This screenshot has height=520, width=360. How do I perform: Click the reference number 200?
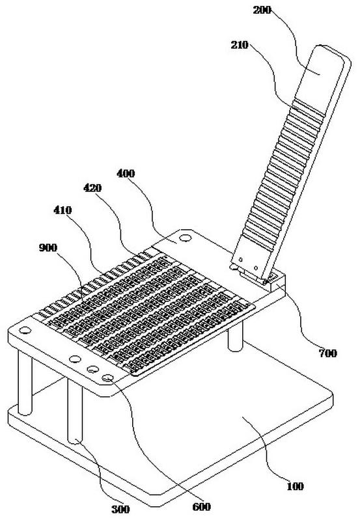[x=262, y=10]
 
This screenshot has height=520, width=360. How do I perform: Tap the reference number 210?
[x=240, y=44]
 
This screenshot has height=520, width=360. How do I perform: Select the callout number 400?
[x=126, y=173]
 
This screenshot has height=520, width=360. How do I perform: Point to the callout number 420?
[x=92, y=188]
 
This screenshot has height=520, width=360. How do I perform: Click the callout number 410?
[x=62, y=210]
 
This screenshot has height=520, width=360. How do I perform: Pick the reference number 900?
[x=48, y=247]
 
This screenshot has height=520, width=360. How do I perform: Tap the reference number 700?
[x=328, y=353]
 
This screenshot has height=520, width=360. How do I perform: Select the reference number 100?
[x=295, y=486]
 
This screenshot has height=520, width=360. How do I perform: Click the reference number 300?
[x=120, y=509]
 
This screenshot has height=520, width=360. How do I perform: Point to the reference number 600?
[x=201, y=506]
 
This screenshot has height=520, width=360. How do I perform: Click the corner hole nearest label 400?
[x=185, y=238]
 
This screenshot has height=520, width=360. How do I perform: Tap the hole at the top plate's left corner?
[x=25, y=331]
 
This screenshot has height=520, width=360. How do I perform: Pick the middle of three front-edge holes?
[x=93, y=369]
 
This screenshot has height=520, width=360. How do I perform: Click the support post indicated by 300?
[x=75, y=411]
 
